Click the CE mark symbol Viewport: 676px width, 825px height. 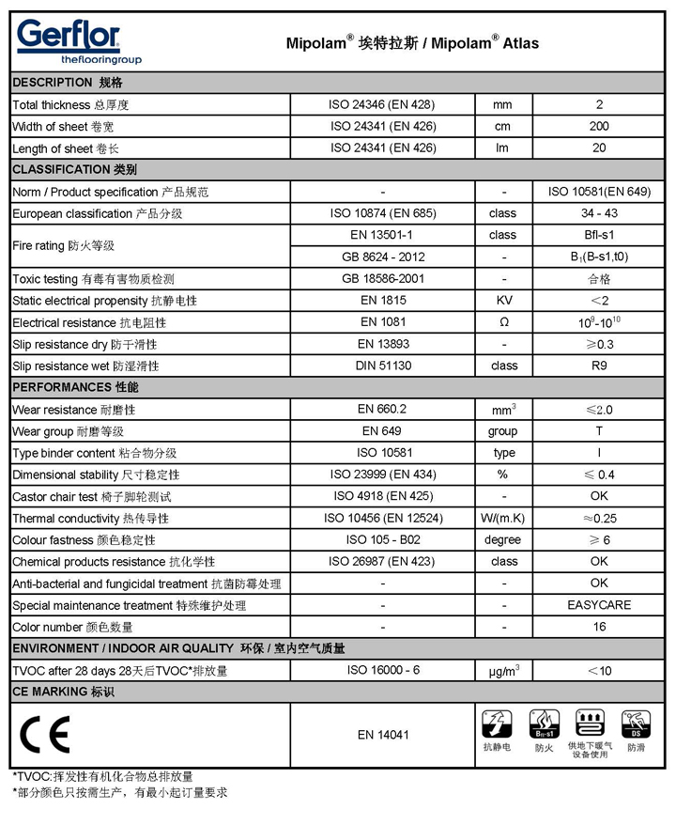[x=44, y=735]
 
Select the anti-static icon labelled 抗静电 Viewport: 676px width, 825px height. [x=496, y=725]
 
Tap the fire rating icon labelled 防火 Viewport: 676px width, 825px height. [x=545, y=725]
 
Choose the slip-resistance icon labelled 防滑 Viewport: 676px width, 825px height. [x=637, y=725]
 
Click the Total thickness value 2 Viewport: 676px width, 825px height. [x=599, y=104]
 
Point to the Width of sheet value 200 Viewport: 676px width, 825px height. [x=599, y=126]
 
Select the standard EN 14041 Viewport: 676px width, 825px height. [x=383, y=735]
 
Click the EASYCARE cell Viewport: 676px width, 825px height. [x=599, y=605]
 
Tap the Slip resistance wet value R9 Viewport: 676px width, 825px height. [x=599, y=366]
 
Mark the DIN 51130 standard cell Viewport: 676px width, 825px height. [x=383, y=366]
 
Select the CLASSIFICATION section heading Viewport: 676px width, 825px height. [x=75, y=169]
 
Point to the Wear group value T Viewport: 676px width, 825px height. [x=599, y=431]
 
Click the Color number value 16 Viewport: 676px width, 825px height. [x=599, y=627]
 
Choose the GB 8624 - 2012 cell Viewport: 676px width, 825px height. [x=383, y=257]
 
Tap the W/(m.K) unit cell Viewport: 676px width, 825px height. [x=502, y=518]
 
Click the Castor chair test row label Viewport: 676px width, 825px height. [x=92, y=496]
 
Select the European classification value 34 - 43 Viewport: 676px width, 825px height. [x=599, y=213]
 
